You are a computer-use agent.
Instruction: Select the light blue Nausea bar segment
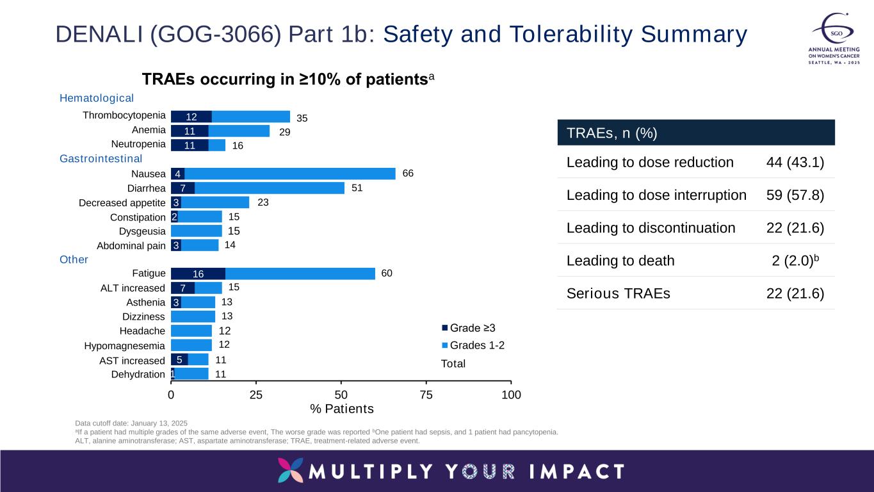pyautogui.click(x=289, y=174)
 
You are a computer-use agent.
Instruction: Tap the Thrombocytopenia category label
pyautogui.click(x=124, y=116)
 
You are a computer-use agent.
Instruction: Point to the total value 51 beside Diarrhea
pyautogui.click(x=357, y=188)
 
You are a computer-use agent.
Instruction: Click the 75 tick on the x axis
pyautogui.click(x=426, y=395)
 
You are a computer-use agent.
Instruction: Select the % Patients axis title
pyautogui.click(x=341, y=409)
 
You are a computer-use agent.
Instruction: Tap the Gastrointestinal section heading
pyautogui.click(x=101, y=158)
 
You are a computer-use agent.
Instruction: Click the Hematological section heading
pyautogui.click(x=97, y=98)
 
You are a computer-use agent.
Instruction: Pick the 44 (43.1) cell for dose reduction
pyautogui.click(x=795, y=162)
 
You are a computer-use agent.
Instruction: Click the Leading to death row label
pyautogui.click(x=620, y=261)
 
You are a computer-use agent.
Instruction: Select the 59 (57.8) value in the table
pyautogui.click(x=795, y=195)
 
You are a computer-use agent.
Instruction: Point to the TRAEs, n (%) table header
pyautogui.click(x=612, y=133)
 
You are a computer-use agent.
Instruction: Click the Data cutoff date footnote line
pyautogui.click(x=131, y=423)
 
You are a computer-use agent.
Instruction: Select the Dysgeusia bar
pyautogui.click(x=196, y=231)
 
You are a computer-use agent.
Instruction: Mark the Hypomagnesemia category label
pyautogui.click(x=124, y=346)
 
